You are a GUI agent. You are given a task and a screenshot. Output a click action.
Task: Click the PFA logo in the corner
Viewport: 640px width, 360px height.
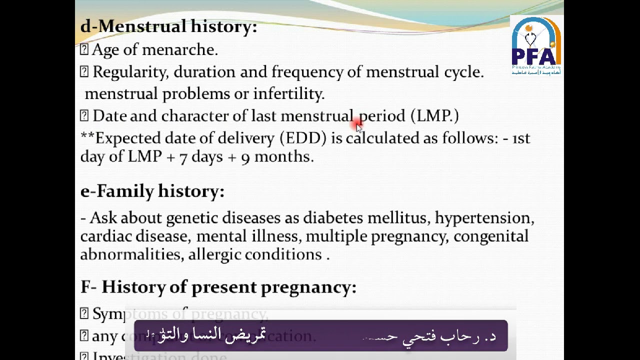[x=536, y=45]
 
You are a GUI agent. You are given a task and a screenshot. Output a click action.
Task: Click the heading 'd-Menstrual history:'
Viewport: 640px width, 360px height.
[x=168, y=26]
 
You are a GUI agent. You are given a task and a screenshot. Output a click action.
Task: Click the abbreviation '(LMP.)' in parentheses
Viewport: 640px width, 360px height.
[x=434, y=116]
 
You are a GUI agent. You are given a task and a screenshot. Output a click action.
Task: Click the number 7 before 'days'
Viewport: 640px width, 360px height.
[x=183, y=157]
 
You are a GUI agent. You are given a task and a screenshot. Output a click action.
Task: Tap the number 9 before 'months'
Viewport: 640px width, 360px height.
[x=245, y=157]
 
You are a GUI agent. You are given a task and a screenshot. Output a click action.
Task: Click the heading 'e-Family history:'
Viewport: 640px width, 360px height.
[x=152, y=191]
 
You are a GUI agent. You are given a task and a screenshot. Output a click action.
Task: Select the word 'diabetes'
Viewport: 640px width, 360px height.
[x=333, y=218]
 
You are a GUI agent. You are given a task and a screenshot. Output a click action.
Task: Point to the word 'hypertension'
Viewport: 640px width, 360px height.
[x=484, y=218]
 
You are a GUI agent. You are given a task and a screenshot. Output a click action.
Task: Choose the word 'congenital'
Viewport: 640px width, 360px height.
[x=490, y=236]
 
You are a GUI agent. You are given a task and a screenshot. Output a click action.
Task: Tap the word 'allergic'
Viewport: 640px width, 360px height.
[x=214, y=254]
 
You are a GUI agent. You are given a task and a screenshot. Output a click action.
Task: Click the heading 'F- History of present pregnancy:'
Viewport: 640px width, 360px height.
[x=218, y=287]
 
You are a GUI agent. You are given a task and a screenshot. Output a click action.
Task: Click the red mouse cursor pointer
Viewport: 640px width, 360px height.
[x=357, y=125]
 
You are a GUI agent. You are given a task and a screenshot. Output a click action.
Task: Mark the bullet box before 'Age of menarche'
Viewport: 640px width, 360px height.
[x=84, y=49]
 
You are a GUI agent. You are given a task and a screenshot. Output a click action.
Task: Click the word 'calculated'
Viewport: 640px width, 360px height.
[x=382, y=138]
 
